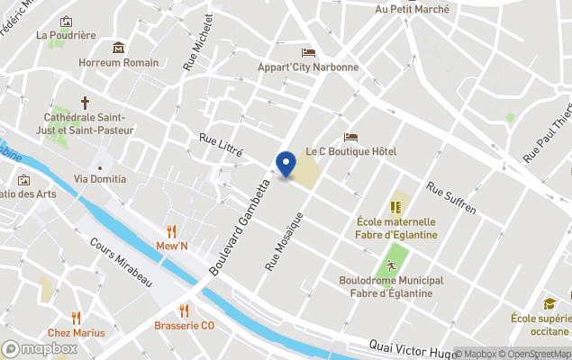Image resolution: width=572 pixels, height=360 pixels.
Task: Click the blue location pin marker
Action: pos(286,164)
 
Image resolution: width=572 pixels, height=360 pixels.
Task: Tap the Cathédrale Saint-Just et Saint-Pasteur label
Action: pos(89,124)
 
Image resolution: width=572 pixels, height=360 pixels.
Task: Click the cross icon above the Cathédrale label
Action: pos(86,103)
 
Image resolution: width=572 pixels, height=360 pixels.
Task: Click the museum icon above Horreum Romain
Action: pos(118,47)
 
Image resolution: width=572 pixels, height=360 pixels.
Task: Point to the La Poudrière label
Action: pos(66,36)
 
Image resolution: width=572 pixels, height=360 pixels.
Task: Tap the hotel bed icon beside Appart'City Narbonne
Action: pos(309,52)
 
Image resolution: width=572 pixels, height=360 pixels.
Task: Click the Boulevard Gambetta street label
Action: pos(241,226)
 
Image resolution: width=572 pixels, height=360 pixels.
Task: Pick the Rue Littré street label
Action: pos(221,145)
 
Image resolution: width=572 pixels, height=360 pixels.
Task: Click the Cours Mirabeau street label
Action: pos(121,262)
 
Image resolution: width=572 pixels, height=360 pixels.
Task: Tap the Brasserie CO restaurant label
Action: pos(184,326)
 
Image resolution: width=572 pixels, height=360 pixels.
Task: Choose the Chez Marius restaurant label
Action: pos(76,332)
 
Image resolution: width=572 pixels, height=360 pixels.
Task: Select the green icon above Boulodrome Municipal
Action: pos(391,265)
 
